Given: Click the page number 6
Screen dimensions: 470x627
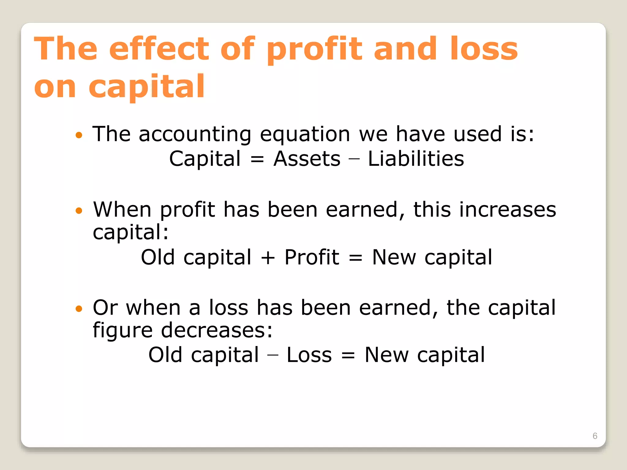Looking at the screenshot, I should [595, 436].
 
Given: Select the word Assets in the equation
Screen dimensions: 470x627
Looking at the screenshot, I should [307, 159].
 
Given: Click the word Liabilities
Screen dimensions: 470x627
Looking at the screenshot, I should [416, 159].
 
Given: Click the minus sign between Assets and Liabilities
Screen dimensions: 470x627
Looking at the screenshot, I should [354, 159].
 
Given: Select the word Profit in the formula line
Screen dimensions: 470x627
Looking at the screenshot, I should [312, 257].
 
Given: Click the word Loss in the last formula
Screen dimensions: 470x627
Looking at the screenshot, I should [309, 355].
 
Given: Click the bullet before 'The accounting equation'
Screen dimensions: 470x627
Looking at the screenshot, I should [79, 135].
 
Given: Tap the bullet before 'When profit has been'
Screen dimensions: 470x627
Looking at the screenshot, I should [79, 211].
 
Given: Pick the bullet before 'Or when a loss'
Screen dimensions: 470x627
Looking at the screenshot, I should [79, 308].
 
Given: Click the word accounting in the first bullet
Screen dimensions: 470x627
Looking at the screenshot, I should [195, 135].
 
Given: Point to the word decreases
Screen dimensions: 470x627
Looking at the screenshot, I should [217, 330].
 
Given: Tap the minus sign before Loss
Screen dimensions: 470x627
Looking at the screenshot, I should [272, 355].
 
